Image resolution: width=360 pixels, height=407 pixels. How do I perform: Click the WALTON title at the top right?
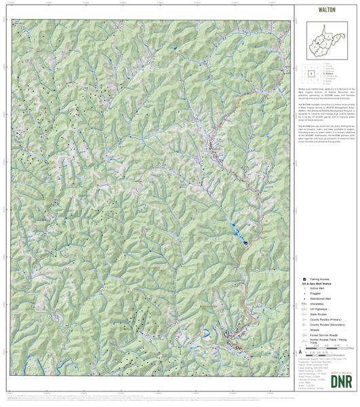(327, 11)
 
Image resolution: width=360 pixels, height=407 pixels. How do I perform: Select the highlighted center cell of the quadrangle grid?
(311, 72)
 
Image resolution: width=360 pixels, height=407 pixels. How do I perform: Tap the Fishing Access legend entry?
(319, 279)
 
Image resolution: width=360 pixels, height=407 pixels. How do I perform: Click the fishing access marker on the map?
(245, 244)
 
